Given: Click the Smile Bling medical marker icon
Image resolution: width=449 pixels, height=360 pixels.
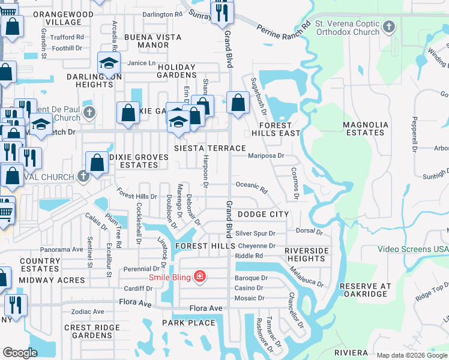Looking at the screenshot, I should tap(200, 277).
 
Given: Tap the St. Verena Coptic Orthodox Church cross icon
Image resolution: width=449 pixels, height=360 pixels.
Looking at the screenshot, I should tap(389, 26).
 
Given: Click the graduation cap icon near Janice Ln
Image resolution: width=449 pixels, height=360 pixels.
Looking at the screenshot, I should tap(108, 62).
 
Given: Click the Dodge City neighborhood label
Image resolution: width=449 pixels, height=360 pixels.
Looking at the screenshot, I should tap(263, 214).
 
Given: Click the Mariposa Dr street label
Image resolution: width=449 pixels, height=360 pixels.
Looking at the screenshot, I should tap(266, 155).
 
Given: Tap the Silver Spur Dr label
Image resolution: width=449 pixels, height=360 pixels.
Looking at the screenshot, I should tap(255, 233).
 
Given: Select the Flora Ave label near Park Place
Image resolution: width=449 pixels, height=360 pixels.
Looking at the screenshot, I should tap(206, 308).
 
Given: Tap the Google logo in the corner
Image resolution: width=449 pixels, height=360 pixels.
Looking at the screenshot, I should tap(20, 353).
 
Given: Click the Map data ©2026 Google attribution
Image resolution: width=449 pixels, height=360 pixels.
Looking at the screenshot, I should tap(411, 355).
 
